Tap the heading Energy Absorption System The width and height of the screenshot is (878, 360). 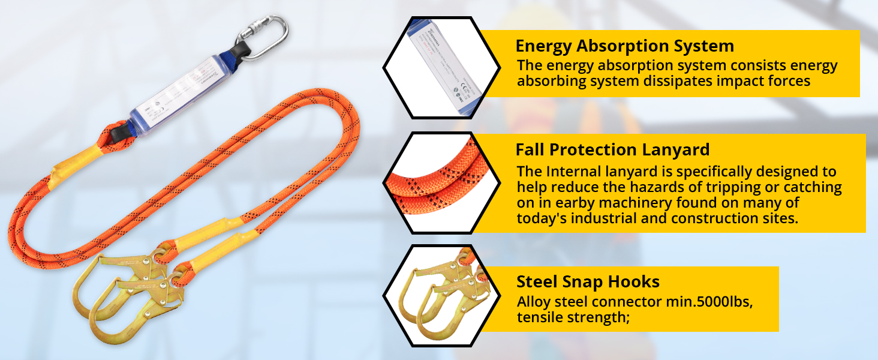(x=624, y=46)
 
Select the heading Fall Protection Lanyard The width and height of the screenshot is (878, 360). (x=612, y=149)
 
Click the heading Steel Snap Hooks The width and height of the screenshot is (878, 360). (x=588, y=281)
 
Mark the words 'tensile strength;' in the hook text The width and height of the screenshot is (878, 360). (x=573, y=317)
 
